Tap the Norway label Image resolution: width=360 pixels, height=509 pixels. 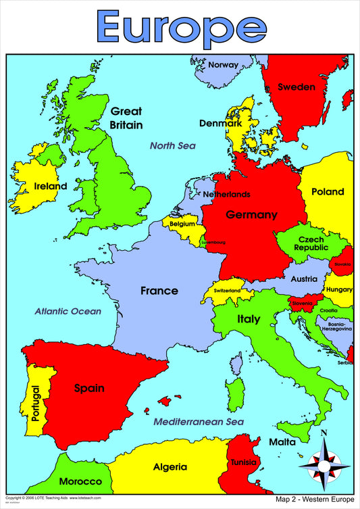point(223,65)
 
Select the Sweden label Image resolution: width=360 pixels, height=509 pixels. point(297,87)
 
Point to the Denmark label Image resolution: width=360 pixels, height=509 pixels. point(220,124)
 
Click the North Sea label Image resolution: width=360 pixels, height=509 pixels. point(172,145)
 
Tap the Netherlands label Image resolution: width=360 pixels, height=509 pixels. point(226,195)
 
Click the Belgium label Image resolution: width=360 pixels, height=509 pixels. point(182,223)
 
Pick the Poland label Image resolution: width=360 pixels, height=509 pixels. point(328,192)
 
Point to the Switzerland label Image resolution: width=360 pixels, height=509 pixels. point(227,291)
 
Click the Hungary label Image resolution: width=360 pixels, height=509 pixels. point(339,289)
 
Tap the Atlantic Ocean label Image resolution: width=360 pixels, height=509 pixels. point(68,312)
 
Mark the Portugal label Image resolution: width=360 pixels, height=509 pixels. point(35,404)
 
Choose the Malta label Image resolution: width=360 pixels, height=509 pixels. point(282,442)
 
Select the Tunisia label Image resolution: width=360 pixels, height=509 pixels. point(243,463)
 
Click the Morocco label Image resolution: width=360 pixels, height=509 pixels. point(80,482)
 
